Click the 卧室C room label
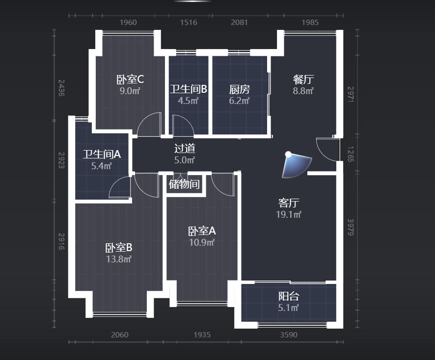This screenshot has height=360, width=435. (x=130, y=79)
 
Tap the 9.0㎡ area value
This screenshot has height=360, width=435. (x=130, y=91)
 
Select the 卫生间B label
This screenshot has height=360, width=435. (x=189, y=89)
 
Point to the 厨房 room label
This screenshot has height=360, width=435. (x=240, y=89)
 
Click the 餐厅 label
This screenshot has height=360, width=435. (x=303, y=79)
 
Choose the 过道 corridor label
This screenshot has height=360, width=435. (x=185, y=149)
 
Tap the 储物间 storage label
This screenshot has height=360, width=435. (x=184, y=184)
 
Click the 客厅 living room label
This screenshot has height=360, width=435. (x=289, y=203)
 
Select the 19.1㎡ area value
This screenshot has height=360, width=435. (x=289, y=214)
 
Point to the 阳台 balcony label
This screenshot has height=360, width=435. (x=289, y=296)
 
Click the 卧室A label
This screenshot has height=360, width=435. (x=202, y=231)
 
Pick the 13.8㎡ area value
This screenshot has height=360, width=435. (x=119, y=259)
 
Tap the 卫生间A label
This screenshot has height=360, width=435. (x=102, y=154)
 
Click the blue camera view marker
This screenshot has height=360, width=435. (x=296, y=165)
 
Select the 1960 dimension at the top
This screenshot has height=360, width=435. (x=128, y=23)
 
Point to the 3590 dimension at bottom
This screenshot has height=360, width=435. (x=289, y=335)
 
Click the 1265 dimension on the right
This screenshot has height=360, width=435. (x=351, y=154)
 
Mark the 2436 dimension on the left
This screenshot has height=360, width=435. (x=61, y=88)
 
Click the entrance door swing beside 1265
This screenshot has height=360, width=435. (x=327, y=150)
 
